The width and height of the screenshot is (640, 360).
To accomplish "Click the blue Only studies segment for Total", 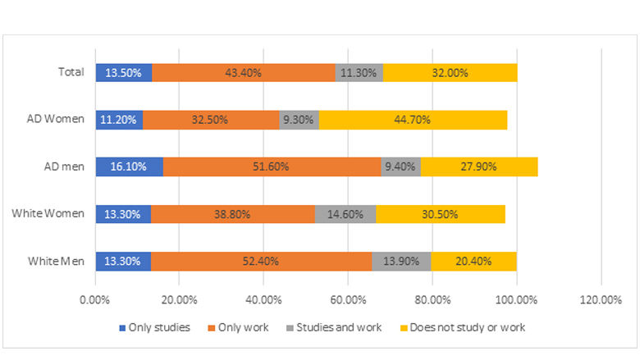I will tap(124, 72).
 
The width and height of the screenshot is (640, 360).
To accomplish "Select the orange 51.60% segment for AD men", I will tap(272, 166).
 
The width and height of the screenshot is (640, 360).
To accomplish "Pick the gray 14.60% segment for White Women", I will tap(345, 214).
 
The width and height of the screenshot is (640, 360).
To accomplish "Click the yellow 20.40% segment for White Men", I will tap(473, 261).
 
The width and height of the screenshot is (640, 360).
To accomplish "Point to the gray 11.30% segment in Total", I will tap(359, 72).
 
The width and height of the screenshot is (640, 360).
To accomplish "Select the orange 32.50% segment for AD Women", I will tap(211, 120).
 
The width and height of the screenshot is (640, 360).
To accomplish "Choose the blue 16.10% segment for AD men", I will tap(129, 166).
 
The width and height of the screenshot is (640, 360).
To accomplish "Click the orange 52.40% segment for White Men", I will tap(261, 261).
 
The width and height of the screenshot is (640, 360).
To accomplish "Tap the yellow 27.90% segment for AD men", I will tap(479, 166).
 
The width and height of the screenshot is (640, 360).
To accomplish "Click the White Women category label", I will tap(48, 214).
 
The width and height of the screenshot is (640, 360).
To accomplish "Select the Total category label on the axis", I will tap(71, 72).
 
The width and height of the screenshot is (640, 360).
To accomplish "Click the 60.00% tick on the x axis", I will tap(348, 299).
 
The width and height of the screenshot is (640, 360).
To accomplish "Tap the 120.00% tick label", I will tap(601, 299).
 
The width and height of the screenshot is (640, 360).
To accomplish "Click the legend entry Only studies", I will tap(154, 327).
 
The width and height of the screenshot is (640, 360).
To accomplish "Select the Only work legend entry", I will tap(245, 327).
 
